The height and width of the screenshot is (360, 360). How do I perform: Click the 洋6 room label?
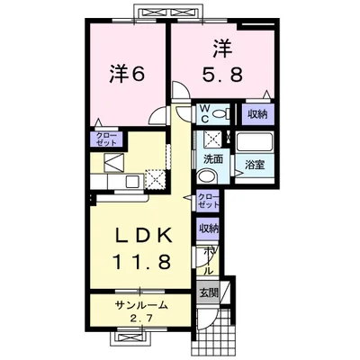(x=127, y=74)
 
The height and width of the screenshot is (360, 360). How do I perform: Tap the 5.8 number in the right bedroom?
(x=222, y=74)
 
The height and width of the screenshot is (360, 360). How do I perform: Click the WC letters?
(x=205, y=113)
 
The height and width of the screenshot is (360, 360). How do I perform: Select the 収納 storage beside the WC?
(x=258, y=114)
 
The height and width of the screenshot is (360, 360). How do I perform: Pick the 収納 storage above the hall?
(x=208, y=229)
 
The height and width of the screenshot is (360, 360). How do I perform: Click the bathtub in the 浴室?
(x=255, y=142)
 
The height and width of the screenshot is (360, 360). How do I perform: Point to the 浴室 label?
(x=255, y=165)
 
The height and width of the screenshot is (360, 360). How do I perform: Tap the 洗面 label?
(x=213, y=158)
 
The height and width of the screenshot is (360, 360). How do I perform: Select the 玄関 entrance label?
(x=209, y=292)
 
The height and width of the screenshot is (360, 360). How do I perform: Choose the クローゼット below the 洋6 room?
(x=106, y=139)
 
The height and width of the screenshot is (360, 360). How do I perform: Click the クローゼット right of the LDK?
(x=208, y=201)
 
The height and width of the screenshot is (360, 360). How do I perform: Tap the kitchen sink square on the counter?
(x=132, y=182)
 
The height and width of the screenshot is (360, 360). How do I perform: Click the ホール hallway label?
(x=209, y=261)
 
